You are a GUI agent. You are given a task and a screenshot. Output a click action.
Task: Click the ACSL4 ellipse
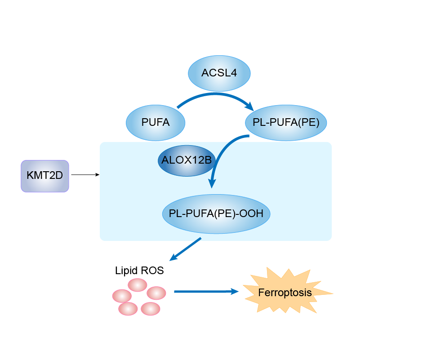tap(219, 73)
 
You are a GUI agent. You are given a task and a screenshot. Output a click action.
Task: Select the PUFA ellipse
tap(156, 122)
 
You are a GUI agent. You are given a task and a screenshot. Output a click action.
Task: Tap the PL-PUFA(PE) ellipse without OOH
tap(286, 122)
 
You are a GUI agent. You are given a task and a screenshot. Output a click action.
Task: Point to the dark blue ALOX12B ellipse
tap(186, 160)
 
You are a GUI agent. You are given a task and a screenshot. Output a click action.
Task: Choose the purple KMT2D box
tap(45, 176)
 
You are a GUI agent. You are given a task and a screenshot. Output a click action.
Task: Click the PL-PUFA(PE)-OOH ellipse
tap(216, 214)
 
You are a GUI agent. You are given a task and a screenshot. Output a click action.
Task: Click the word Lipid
tap(126, 271)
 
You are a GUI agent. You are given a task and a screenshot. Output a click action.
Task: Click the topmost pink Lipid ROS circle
tap(138, 285)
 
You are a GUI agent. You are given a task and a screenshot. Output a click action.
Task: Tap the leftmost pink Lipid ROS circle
tap(122, 296)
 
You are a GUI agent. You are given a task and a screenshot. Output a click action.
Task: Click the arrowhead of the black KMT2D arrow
tap(97, 175)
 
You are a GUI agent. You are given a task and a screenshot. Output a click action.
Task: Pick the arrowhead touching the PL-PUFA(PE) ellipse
tap(249, 106)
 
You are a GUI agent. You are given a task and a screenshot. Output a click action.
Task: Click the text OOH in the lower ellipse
tap(254, 214)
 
